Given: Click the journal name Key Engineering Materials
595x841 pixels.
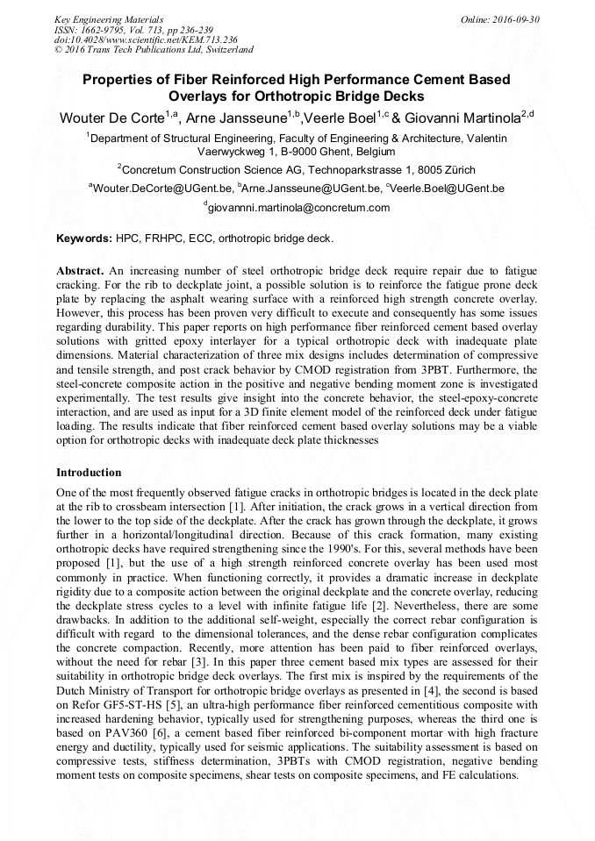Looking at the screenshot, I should point(108,18).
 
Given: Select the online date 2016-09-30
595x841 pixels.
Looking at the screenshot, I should point(513,18).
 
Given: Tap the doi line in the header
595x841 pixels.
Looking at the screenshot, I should point(133,39).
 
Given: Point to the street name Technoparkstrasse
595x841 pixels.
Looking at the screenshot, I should point(355,169).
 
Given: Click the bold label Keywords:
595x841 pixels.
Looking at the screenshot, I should point(84,238).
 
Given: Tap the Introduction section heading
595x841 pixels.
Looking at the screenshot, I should point(89,473).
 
